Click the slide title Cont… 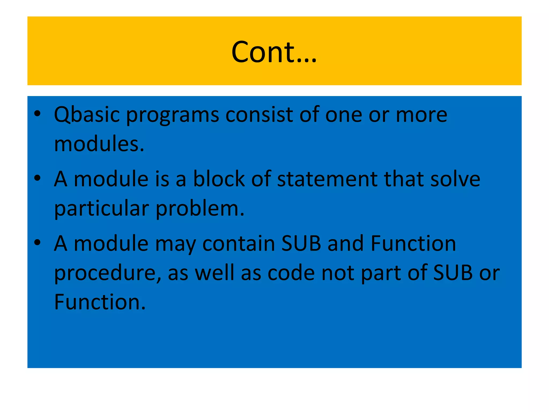click(274, 52)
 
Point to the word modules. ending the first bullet click(99, 144)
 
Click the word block click(219, 179)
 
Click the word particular click(102, 209)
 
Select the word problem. click(200, 209)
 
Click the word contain click(239, 244)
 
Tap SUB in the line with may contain click(301, 244)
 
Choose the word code click(291, 273)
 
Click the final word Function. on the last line click(100, 302)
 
